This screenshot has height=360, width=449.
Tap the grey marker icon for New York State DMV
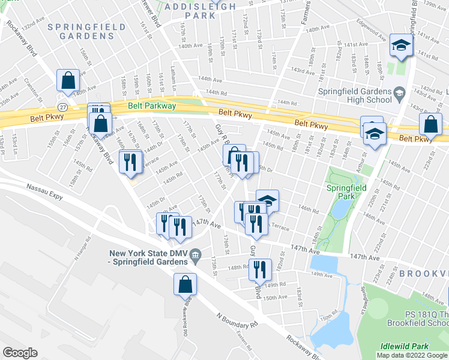click(195, 258)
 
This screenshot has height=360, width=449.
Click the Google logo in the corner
click(20, 353)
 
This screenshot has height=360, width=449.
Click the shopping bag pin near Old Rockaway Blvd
click(185, 284)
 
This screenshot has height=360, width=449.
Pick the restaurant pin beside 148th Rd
click(260, 269)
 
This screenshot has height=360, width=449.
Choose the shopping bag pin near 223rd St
click(430, 124)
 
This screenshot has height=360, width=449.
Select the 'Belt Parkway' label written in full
click(152, 106)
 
